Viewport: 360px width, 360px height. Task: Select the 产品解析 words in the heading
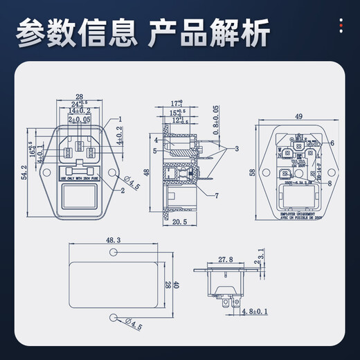[x=204, y=31]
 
